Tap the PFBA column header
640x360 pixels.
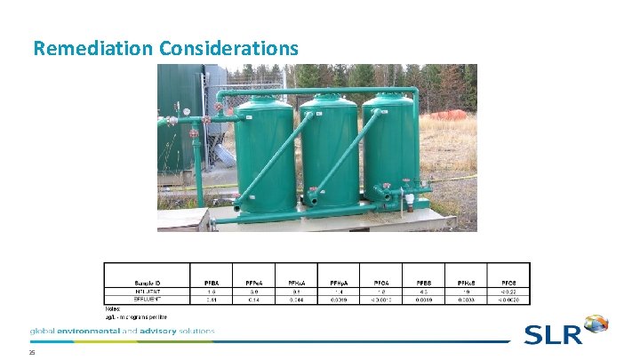point(210,281)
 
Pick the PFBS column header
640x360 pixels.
point(423,281)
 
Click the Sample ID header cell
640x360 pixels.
point(148,281)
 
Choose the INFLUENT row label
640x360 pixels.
point(148,291)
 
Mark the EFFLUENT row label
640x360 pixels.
point(148,300)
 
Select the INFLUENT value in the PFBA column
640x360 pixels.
point(210,291)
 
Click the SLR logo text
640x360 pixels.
point(552,335)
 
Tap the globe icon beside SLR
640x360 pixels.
point(595,325)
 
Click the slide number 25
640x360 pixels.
point(31,353)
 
